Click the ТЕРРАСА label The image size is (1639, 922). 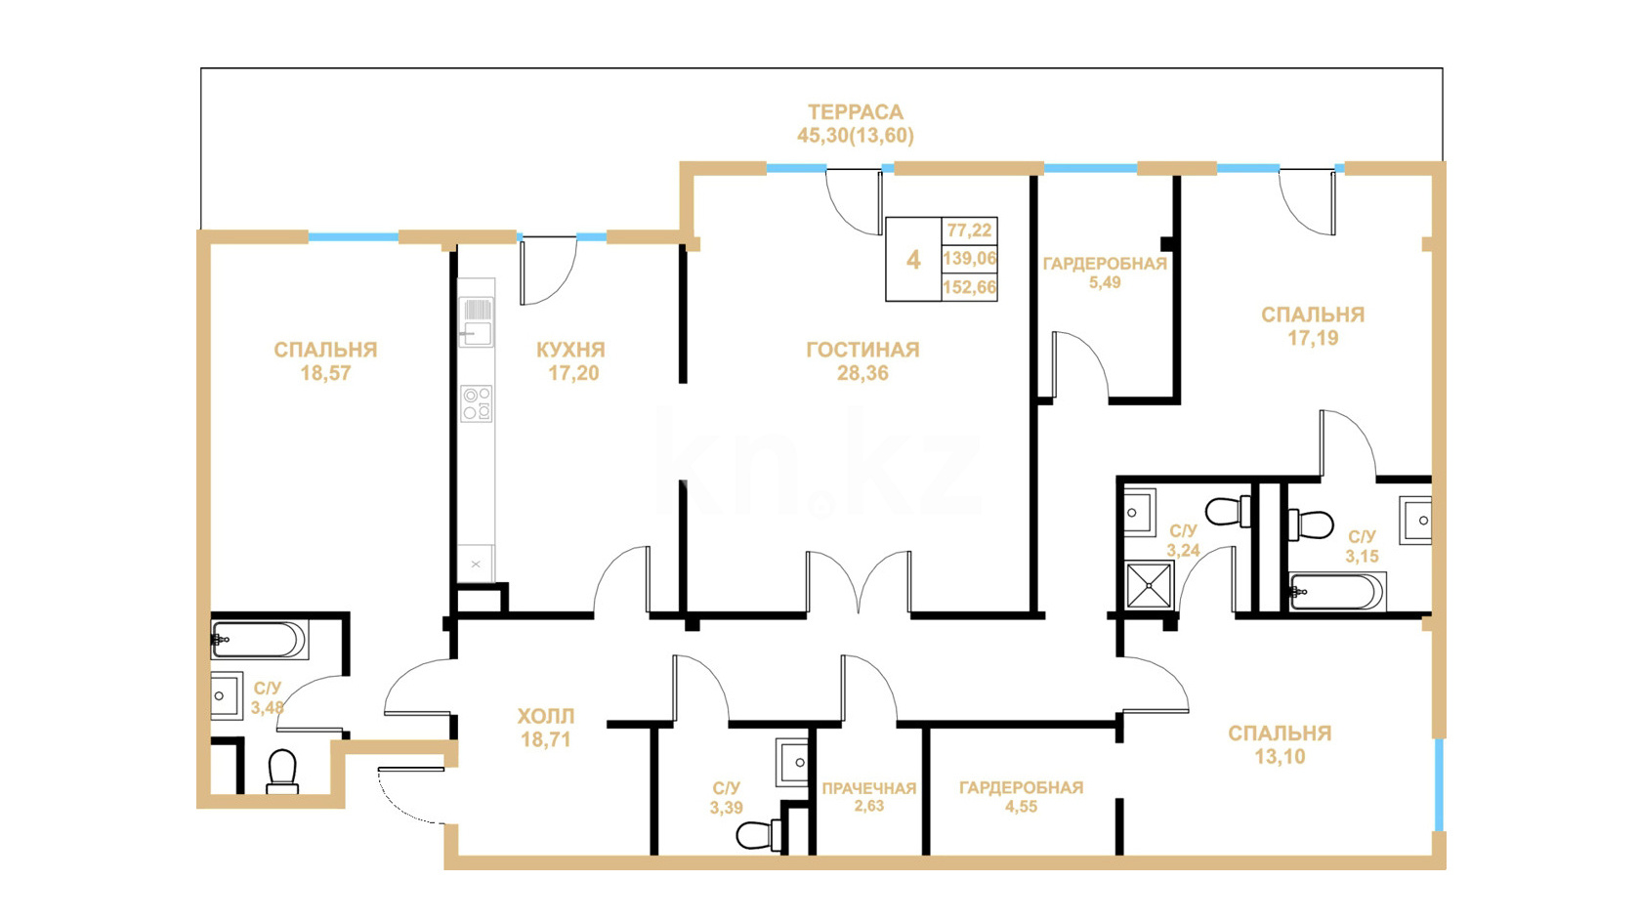(856, 112)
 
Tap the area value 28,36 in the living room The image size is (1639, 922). (862, 373)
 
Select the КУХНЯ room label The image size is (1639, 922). (570, 350)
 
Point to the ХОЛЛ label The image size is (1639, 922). (546, 716)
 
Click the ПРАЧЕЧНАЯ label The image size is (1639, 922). (869, 788)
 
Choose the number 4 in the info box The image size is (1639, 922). (913, 260)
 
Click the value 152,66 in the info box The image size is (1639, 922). (970, 287)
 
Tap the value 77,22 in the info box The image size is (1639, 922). (970, 230)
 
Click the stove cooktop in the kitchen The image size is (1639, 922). (477, 404)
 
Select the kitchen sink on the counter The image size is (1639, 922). (477, 322)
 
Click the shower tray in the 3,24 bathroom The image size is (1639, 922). (1150, 585)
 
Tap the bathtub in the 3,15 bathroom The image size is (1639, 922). (1337, 591)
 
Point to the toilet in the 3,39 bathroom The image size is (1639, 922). (759, 834)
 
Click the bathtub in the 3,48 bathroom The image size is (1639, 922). (258, 640)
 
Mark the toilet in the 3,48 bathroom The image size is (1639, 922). (282, 772)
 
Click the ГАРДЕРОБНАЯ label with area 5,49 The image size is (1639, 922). (1105, 264)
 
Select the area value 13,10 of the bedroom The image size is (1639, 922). (1280, 757)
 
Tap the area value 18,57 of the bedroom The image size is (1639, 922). (325, 373)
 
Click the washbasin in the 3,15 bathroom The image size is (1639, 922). (1415, 521)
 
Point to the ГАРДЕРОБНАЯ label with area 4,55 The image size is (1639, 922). (1022, 787)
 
